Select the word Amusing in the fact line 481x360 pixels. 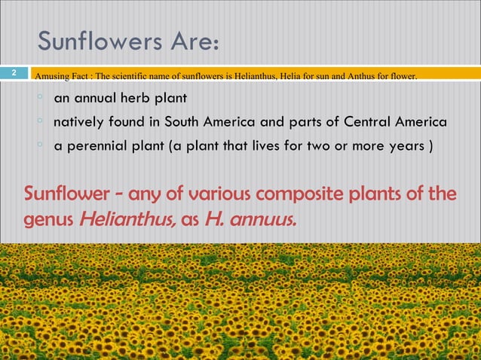coord(53,75)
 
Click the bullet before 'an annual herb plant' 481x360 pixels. coord(40,97)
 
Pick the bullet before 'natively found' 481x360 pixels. coord(40,121)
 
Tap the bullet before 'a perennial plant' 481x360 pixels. coord(40,144)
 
